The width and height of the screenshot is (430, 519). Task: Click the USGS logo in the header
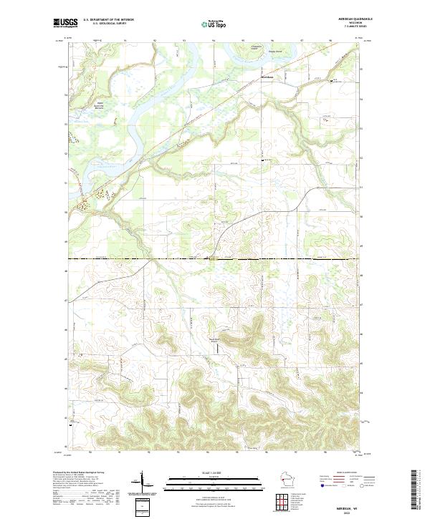65,24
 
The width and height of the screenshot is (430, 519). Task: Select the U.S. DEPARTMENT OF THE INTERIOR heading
108,20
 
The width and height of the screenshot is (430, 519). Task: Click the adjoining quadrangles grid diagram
284,501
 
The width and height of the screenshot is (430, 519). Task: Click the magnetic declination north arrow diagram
143,482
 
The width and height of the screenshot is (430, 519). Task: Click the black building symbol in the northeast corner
331,82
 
